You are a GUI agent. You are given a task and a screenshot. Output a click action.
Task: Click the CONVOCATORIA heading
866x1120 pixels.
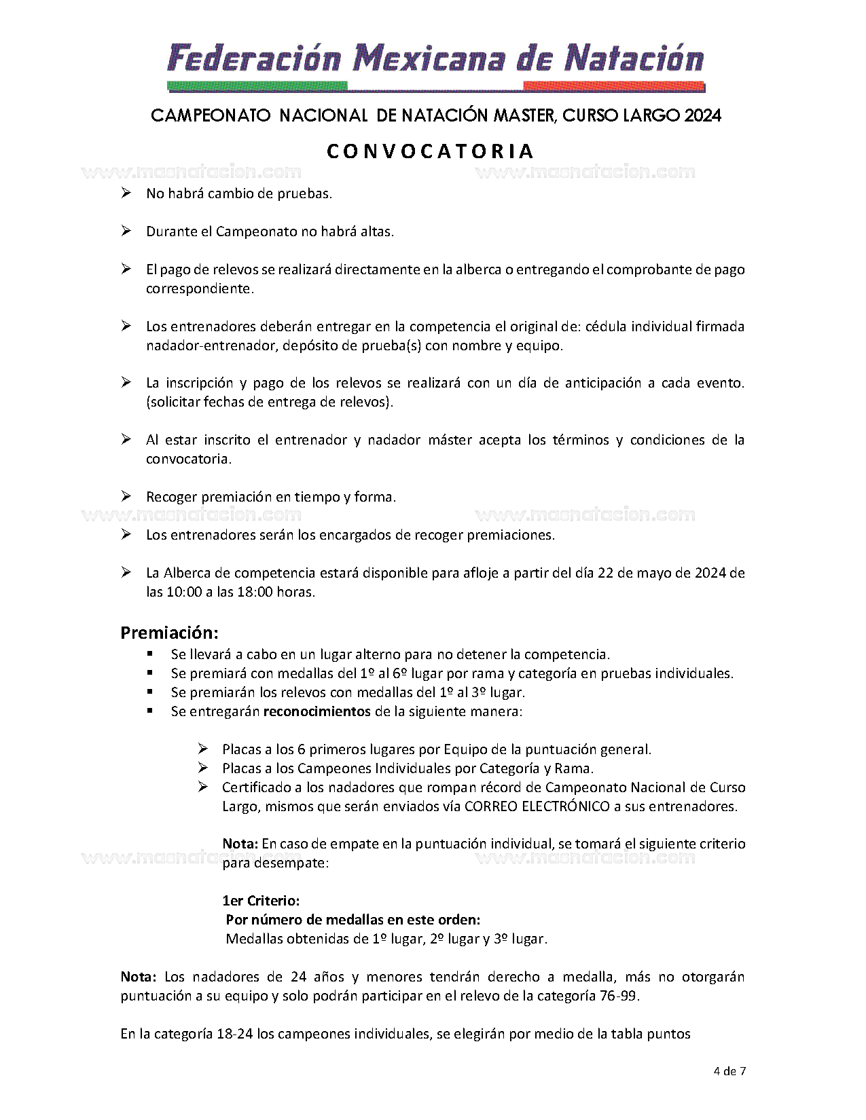pos(431,151)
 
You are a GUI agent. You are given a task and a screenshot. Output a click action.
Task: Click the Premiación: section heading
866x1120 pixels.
pos(169,633)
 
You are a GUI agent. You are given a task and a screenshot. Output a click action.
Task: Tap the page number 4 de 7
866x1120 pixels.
pos(729,1072)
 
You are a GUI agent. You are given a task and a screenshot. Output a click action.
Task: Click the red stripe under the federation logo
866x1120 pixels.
pos(614,86)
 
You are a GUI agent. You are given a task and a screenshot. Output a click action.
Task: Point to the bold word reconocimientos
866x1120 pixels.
pos(317,711)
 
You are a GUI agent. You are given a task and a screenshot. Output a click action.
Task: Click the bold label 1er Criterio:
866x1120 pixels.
pos(261,901)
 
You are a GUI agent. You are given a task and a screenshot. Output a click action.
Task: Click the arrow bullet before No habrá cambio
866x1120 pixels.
pos(126,193)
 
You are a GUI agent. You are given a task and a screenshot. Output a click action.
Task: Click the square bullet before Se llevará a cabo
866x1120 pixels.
pos(150,654)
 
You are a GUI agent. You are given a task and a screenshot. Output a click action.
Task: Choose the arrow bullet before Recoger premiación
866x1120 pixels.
pos(126,497)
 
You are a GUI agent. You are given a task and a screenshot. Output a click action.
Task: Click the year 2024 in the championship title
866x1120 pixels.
pos(702,115)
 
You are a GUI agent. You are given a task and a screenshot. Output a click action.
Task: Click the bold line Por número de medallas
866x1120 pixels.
pos(353,920)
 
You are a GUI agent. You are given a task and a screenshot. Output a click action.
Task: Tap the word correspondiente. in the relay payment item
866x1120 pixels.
pos(200,288)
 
